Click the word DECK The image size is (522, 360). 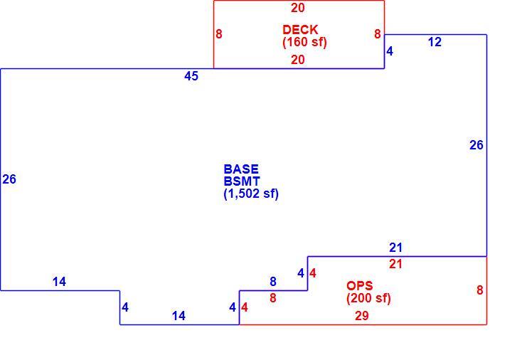pos(300,30)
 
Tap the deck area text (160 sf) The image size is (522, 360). pos(304,42)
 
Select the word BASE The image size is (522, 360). pos(241,169)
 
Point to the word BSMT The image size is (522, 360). pos(242,181)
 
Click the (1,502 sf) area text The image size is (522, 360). pos(251,194)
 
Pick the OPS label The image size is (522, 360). pos(360,286)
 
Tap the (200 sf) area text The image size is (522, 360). pos(368,298)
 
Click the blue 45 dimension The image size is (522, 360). pos(191,76)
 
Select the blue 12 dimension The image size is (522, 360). pos(435,42)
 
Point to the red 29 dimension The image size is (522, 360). pos(362,315)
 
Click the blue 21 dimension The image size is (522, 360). pos(396,248)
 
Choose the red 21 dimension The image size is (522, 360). pos(396,264)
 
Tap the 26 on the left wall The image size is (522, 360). pos(9,179)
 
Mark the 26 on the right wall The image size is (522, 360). pos(476,145)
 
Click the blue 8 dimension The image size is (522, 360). pos(273,282)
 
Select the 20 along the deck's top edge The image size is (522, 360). pos(297,8)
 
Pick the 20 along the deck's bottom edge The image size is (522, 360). pos(297,60)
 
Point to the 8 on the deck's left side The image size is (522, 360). pos(219,34)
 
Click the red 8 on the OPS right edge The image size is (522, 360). pos(480,290)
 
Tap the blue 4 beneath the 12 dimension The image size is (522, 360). pos(390,51)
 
